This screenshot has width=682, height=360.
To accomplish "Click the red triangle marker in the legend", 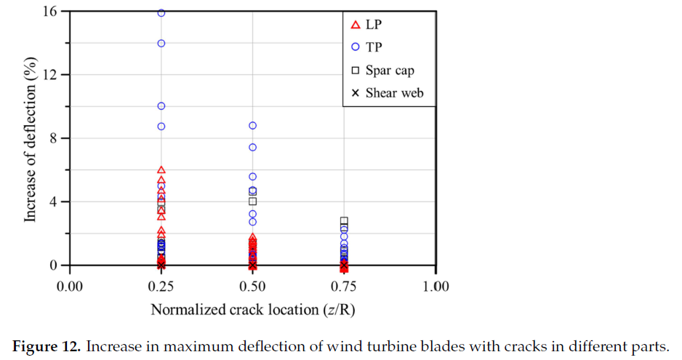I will pos(356,25).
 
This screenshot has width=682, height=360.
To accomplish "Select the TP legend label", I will pos(375,47).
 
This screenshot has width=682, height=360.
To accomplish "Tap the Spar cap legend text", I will pos(390,70).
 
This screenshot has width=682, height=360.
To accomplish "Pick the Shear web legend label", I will pos(394,92).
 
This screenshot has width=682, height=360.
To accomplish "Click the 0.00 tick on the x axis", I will pos(71,286).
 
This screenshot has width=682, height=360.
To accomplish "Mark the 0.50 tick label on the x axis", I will pos(252,286).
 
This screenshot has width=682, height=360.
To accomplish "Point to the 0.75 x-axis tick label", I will pos(344,286).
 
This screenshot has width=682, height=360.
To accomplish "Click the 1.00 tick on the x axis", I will pos(435,286).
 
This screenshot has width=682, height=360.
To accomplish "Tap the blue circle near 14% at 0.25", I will pos(161,44).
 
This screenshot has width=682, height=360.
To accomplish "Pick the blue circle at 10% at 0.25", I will pos(161,106).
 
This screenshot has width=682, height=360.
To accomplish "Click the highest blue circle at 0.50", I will pos(252,126).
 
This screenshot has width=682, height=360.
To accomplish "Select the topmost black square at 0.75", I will pos(344,221).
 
